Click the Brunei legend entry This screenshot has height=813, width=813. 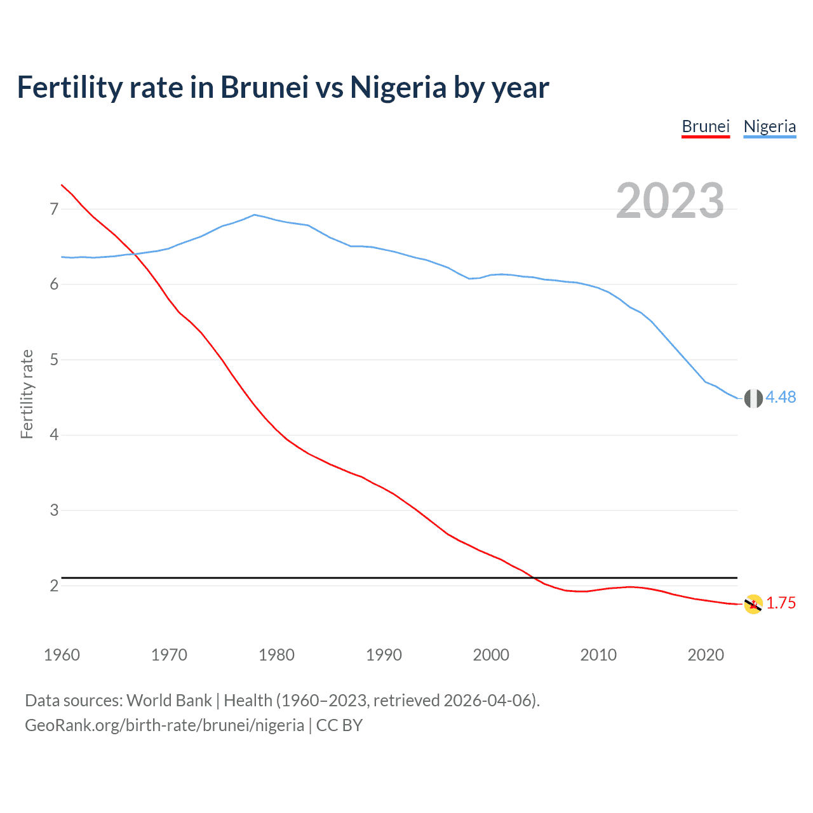pos(705,126)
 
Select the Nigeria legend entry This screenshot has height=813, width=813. pos(769,126)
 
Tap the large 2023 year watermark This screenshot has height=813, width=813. pos(669,201)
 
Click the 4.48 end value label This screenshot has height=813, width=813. pos(781,398)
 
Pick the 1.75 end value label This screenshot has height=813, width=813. pos(781,603)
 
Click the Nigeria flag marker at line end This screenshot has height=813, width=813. pos(753,398)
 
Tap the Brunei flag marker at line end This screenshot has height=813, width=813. pos(753,604)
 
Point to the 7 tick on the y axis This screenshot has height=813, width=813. pos(54,209)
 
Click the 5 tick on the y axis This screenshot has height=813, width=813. pos(54,359)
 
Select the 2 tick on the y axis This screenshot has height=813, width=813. pos(54,586)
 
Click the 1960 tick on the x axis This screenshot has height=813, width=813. pos(62,655)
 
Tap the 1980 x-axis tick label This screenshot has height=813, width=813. pos(276,655)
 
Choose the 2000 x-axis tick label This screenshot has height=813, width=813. pos(491,655)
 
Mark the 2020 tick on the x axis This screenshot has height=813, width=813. pos(706,655)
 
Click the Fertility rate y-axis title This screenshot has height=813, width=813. pos(27,394)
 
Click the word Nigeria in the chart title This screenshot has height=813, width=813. pos(398,88)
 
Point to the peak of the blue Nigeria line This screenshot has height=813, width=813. pos(255,215)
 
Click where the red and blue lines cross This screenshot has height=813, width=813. pos(133,254)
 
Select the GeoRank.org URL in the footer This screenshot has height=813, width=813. pos(165,725)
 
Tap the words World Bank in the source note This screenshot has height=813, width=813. pos(169,701)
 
